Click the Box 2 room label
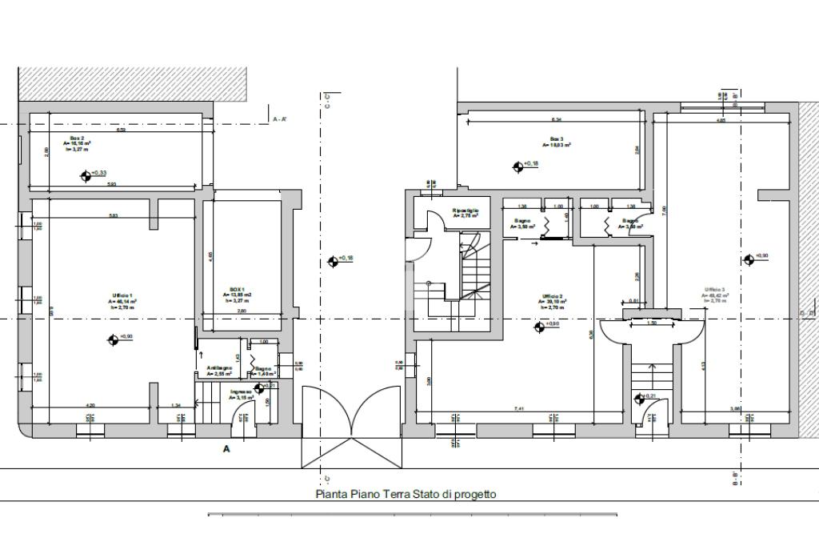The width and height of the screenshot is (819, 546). (x=76, y=138)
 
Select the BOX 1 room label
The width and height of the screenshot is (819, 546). (x=237, y=289)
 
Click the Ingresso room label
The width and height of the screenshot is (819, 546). (x=242, y=392)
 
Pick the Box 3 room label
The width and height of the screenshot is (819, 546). (x=557, y=139)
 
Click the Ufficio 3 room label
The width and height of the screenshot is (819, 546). (x=715, y=289)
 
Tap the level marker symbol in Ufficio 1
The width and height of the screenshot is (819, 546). (x=112, y=339)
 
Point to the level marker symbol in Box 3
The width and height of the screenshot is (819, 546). (x=517, y=167)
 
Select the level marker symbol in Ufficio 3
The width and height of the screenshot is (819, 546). (x=749, y=259)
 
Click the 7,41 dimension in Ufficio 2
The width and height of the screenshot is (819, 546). (x=519, y=409)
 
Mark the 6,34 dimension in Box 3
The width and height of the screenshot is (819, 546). (x=557, y=119)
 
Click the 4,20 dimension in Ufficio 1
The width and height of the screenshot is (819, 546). (x=90, y=405)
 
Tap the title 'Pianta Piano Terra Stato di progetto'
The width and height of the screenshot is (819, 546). (x=406, y=494)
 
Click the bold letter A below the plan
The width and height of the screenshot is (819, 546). (x=226, y=449)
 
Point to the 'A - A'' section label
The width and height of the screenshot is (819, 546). (x=281, y=119)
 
